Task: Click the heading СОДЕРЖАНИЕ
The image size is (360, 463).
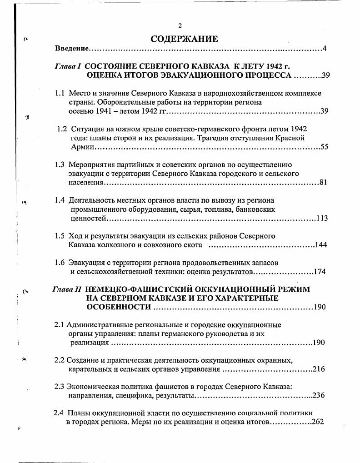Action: (x=184, y=39)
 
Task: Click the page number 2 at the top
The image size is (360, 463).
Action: (x=180, y=25)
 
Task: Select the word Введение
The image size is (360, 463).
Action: (x=72, y=49)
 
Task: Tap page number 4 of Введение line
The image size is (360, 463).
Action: (x=325, y=49)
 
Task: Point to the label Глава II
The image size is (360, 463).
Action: (x=67, y=289)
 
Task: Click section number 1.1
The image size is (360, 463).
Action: (x=60, y=93)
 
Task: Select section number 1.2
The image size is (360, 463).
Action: (x=62, y=129)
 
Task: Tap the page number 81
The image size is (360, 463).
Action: (x=323, y=182)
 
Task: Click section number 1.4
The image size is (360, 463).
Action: (x=60, y=200)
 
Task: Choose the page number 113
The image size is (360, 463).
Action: (x=322, y=218)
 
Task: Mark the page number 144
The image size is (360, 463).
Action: (x=321, y=245)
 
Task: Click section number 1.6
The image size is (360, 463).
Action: (x=60, y=263)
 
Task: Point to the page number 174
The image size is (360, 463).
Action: (x=320, y=272)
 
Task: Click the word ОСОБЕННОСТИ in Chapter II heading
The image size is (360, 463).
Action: (x=119, y=307)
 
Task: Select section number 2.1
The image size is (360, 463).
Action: (x=60, y=325)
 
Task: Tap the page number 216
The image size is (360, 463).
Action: (x=319, y=369)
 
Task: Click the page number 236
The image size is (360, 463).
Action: (x=318, y=395)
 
